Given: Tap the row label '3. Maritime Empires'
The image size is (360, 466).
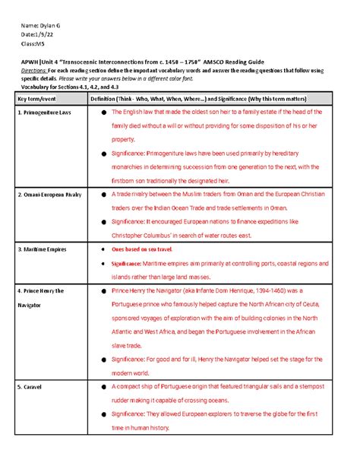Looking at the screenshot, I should click(43, 249).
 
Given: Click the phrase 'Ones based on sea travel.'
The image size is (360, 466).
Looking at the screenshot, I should click(143, 249).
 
